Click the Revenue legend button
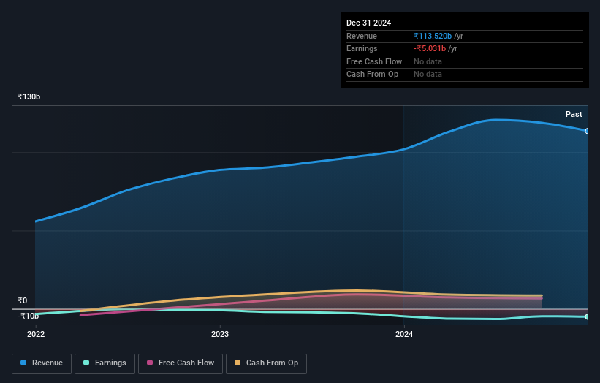42,363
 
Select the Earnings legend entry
105,363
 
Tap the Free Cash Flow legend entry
180,363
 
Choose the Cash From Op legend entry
266,363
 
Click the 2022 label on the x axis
36,335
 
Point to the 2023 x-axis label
220,335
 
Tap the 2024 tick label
404,335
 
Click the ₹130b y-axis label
29,97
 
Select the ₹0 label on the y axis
23,300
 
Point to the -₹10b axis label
29,316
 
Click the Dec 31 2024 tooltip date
369,23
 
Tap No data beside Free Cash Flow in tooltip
428,61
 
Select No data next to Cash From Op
428,75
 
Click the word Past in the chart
574,115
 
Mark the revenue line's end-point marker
588,131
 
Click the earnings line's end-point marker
588,316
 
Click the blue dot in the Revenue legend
24,363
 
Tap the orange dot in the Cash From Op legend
238,363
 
